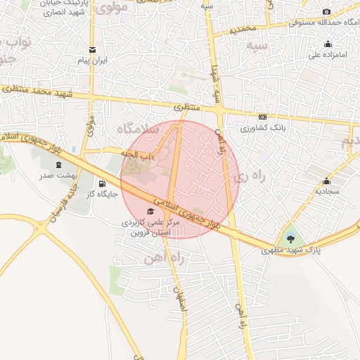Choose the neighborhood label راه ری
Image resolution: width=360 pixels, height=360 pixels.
pos(252,176)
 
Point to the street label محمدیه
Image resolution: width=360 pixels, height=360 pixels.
pos(244,30)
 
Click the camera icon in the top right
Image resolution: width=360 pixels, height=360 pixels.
pos(326,12)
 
